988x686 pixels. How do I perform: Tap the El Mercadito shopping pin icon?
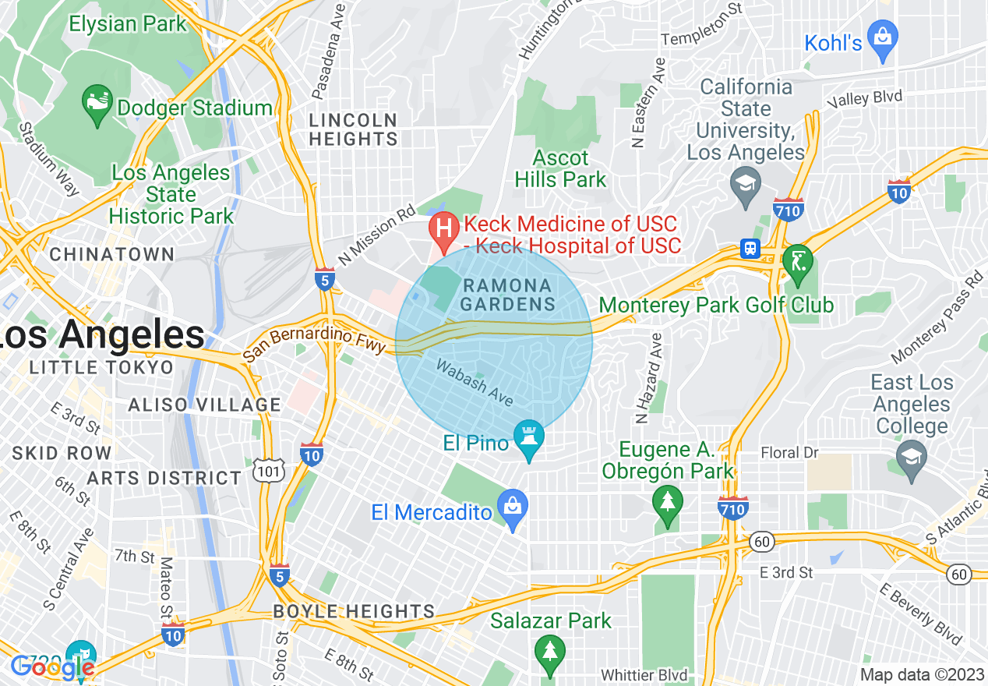click(x=513, y=509)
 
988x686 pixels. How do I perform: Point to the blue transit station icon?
click(x=750, y=248)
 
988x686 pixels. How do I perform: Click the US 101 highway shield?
click(x=267, y=469)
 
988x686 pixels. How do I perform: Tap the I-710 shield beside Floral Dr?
click(x=733, y=508)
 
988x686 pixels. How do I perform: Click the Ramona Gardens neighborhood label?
click(x=507, y=295)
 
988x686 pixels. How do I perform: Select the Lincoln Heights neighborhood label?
click(x=353, y=129)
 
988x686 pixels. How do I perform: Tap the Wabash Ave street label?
click(x=475, y=382)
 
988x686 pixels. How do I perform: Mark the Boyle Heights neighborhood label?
click(x=354, y=611)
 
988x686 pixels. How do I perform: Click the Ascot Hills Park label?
click(x=560, y=168)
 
